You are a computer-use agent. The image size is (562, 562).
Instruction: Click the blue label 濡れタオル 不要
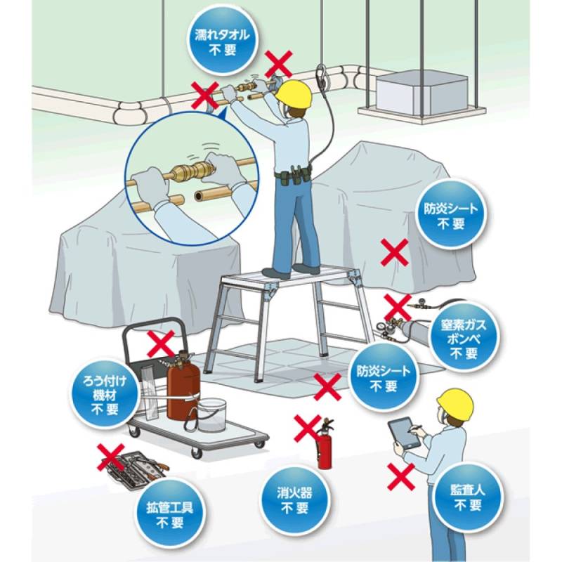click(223, 42)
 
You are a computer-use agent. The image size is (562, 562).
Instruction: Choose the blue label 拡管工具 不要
click(170, 514)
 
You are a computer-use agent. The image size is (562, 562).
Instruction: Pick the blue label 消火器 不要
click(294, 500)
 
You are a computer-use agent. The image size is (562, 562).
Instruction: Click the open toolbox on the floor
click(138, 469)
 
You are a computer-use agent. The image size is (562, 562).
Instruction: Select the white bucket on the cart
click(212, 416)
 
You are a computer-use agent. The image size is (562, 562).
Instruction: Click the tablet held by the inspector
click(405, 433)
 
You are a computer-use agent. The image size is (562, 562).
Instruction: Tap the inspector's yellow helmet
click(457, 405)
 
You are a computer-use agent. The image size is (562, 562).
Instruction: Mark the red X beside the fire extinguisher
click(307, 429)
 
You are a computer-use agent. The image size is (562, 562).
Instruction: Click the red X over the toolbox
click(112, 457)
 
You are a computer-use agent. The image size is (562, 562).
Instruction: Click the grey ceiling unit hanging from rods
click(421, 92)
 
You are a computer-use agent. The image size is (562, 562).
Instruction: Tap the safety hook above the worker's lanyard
click(322, 76)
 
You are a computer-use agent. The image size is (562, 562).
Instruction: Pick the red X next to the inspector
click(401, 477)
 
